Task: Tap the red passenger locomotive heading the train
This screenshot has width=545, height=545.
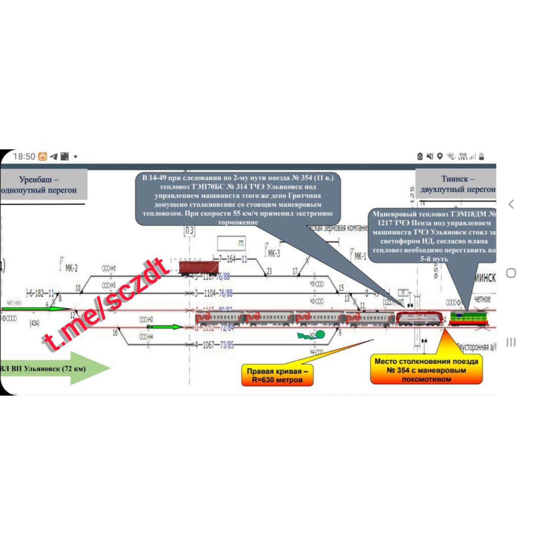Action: click(419, 318)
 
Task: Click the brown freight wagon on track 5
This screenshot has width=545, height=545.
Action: click(198, 267)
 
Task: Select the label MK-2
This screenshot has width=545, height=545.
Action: click(71, 268)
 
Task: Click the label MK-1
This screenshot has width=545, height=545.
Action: click(360, 256)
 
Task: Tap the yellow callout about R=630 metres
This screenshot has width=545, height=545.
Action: click(277, 375)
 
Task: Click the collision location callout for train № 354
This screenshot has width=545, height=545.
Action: click(426, 370)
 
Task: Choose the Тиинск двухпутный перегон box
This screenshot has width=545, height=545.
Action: click(456, 184)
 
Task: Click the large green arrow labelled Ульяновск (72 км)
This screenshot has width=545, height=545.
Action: click(55, 368)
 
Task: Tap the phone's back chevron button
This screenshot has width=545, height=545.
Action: click(511, 204)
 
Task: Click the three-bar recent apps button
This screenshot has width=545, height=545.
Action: click(511, 342)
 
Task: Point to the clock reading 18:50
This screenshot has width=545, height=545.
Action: click(24, 157)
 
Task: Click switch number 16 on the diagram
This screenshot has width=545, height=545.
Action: click(115, 333)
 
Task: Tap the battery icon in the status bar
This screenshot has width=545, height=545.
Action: click(482, 156)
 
